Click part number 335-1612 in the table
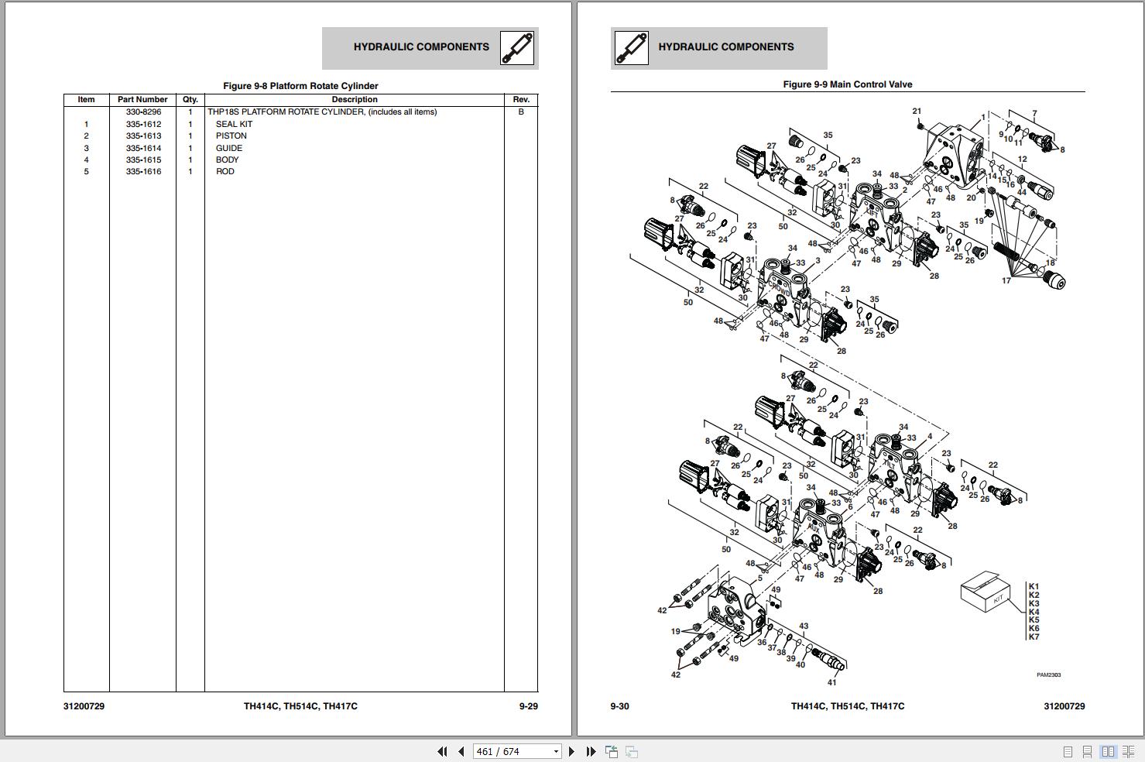(x=143, y=124)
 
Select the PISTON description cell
(x=231, y=136)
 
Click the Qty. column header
(x=190, y=100)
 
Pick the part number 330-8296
(x=143, y=112)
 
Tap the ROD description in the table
(x=225, y=171)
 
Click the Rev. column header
(x=521, y=100)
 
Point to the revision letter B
(x=521, y=112)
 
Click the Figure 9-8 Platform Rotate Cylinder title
(x=300, y=86)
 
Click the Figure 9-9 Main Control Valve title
(x=847, y=84)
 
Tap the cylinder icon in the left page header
(x=516, y=48)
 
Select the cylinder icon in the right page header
(x=631, y=48)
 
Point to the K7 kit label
(x=1034, y=637)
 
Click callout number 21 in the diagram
(x=917, y=112)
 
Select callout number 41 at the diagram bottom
(x=831, y=682)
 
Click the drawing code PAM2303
(x=1048, y=674)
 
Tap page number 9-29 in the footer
(x=528, y=706)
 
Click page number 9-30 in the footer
(x=619, y=706)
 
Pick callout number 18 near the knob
(x=1050, y=263)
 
